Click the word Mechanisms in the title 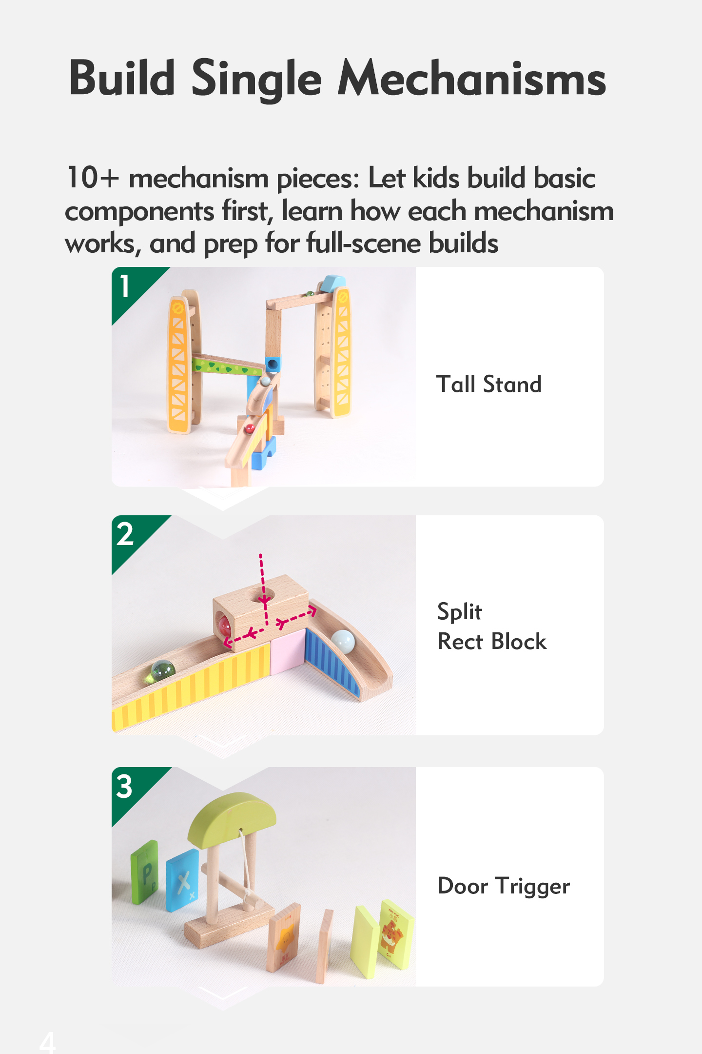tap(472, 78)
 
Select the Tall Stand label tap(489, 384)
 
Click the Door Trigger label tap(504, 886)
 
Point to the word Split tap(460, 611)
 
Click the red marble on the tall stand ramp tap(249, 429)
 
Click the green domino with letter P tap(145, 872)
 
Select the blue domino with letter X tap(182, 880)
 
